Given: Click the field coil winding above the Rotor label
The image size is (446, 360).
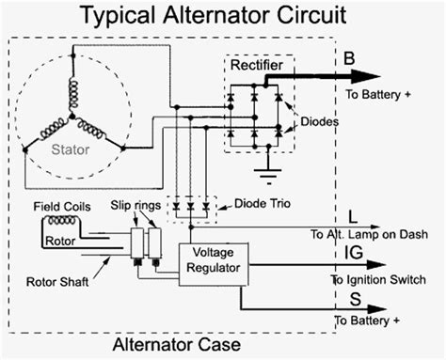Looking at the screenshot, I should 62,222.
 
